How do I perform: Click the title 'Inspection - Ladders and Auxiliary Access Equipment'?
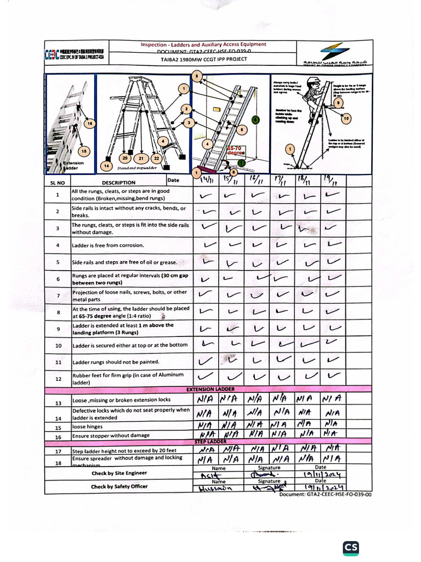point(203,44)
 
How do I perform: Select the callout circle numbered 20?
point(125,158)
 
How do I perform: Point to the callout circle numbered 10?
point(346,118)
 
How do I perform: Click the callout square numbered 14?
point(107,165)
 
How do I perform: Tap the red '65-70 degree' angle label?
point(236,150)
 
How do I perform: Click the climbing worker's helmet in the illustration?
point(314,82)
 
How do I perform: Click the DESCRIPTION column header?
point(118,183)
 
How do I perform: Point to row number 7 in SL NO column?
point(58,296)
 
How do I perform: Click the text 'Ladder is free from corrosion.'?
point(108,245)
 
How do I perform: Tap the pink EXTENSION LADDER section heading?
point(210,389)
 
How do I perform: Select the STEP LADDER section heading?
point(210,441)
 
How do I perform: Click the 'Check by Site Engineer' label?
point(119,473)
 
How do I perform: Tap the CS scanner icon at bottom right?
point(351,548)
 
